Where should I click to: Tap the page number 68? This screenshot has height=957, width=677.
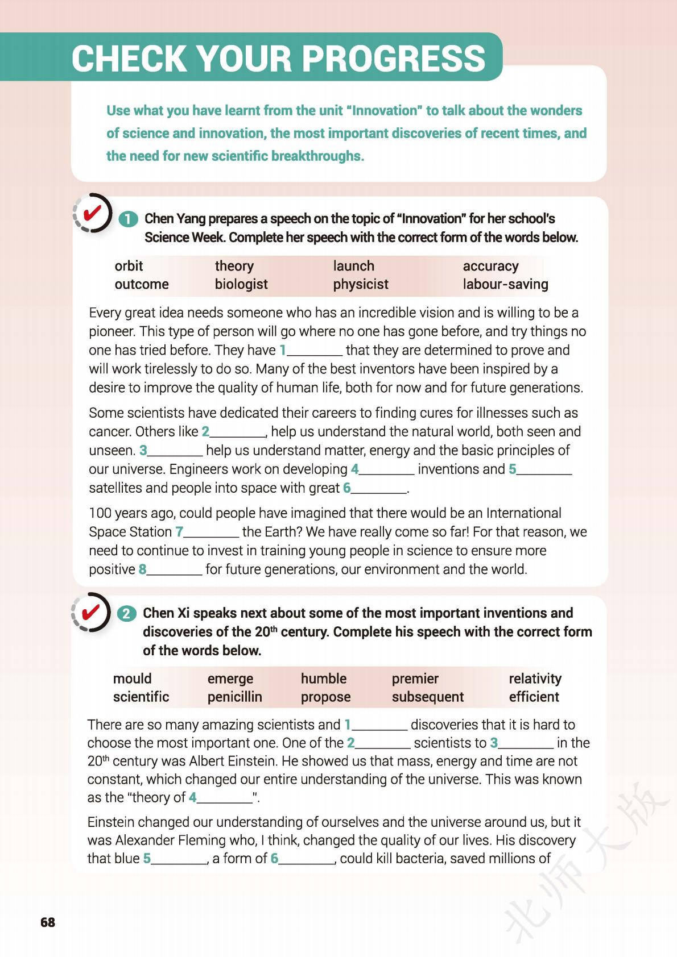48,922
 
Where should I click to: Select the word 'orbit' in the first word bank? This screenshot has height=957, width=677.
129,266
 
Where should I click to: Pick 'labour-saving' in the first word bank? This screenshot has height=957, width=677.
505,284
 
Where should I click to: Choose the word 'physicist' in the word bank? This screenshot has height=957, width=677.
361,284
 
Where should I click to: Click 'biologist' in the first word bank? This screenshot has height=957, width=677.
241,284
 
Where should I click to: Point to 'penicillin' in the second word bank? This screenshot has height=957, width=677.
234,697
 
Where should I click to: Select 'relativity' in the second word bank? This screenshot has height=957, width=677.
535,679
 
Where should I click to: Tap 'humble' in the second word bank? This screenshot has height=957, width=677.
323,679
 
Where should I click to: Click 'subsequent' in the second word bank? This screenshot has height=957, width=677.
427,697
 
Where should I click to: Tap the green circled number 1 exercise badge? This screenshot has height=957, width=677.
129,219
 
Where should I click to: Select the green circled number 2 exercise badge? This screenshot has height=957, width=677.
127,614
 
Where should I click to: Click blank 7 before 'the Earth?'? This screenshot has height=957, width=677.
211,533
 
